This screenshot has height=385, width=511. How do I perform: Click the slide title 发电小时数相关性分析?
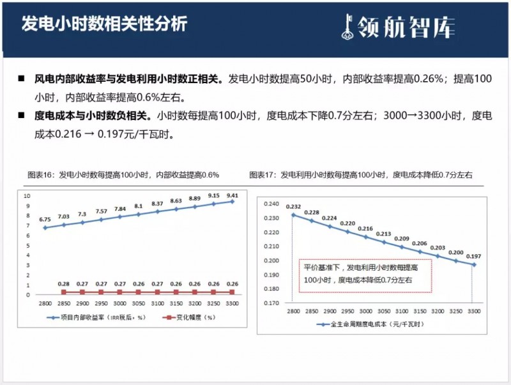coord(105,24)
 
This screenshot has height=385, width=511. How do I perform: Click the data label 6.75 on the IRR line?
coord(45,220)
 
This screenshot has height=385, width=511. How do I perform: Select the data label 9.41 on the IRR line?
coord(232,195)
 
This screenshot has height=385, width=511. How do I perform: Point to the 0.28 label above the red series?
coord(63,283)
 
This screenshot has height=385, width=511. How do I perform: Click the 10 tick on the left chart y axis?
coord(27,196)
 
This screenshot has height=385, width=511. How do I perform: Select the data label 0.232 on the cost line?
coord(294,206)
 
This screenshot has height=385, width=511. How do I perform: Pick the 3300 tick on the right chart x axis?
coord(473,310)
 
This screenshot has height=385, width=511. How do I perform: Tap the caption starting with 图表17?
coord(360,174)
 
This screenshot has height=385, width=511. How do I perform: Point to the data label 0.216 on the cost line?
coord(365,229)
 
